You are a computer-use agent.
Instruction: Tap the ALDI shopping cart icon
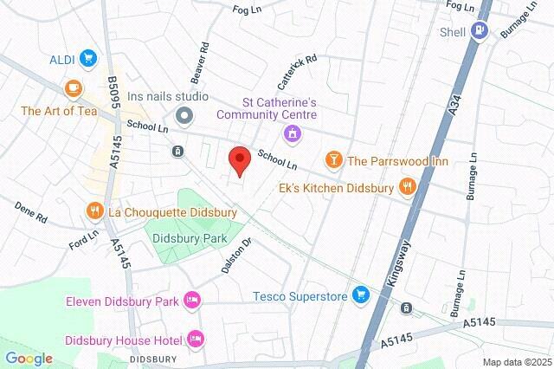[87, 59]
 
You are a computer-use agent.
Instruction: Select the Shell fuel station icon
[480, 31]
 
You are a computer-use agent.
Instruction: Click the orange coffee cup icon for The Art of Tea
[73, 88]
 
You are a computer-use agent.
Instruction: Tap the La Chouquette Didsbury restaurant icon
[94, 211]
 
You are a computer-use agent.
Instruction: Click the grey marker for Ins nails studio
[183, 115]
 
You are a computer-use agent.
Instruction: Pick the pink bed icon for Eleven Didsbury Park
[192, 301]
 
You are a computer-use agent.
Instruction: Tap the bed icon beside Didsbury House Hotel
[196, 337]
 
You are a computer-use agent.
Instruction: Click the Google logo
[29, 358]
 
